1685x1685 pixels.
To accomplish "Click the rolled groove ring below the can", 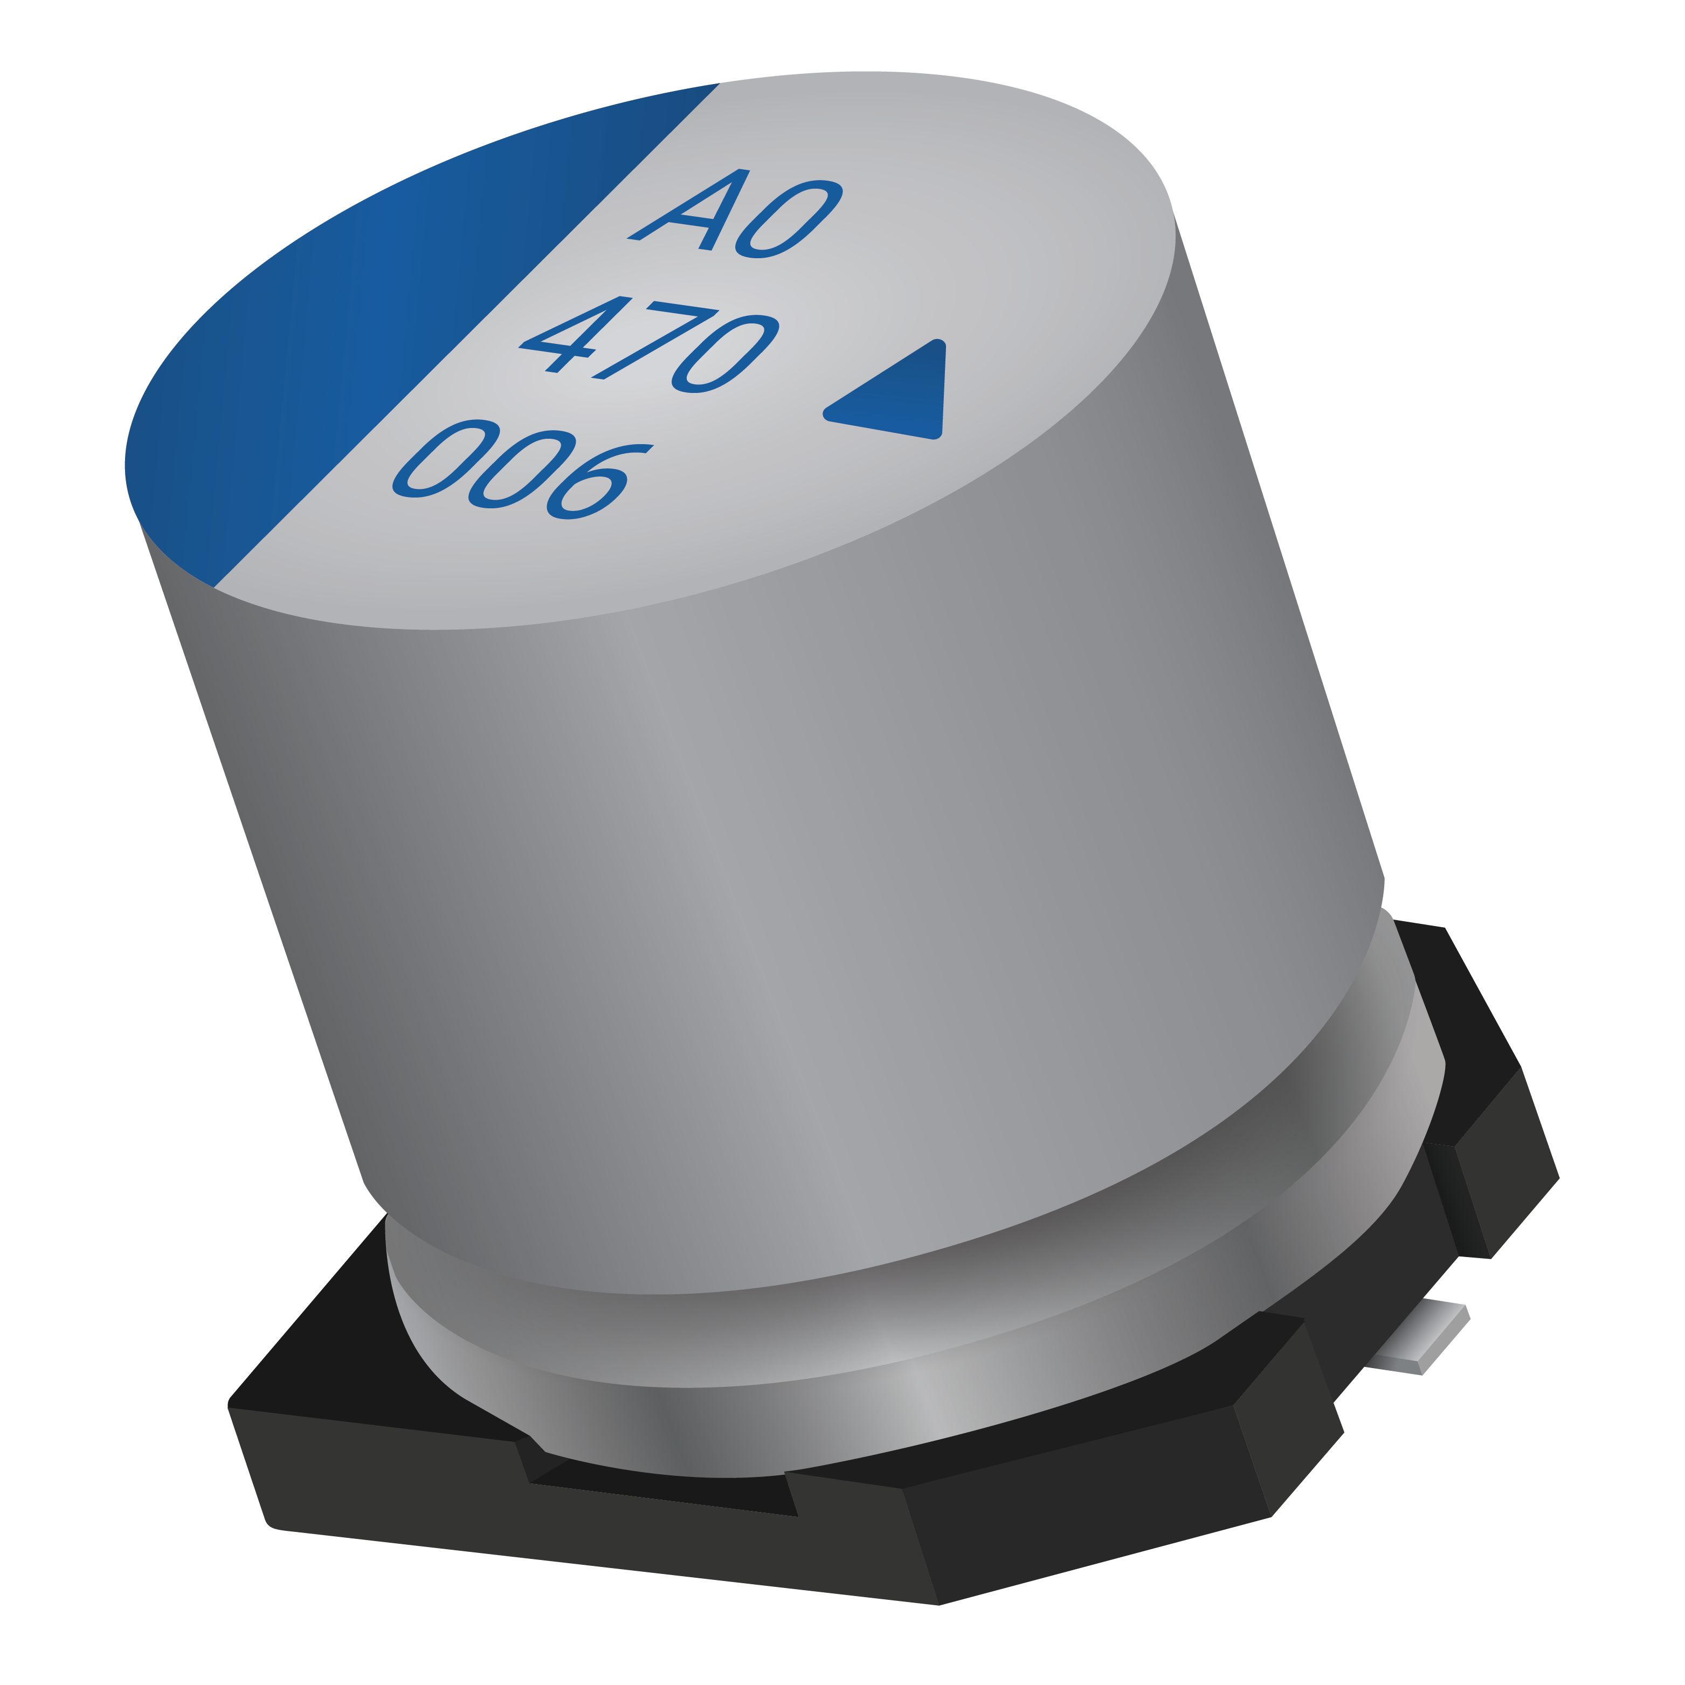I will (916, 1361).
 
